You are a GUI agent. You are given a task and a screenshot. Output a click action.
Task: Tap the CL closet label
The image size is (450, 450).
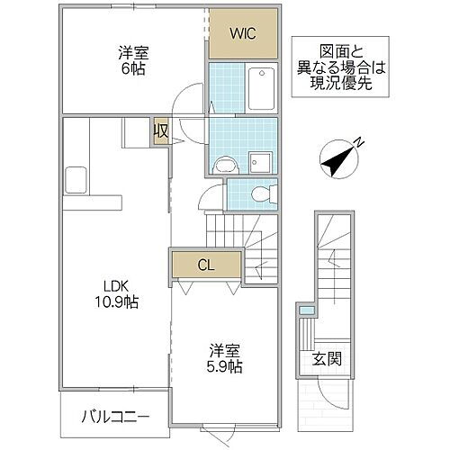point(206,265)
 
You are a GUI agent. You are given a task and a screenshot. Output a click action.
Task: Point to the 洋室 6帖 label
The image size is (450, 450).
point(133,61)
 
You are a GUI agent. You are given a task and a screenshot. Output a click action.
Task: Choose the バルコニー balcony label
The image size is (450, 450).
point(113,416)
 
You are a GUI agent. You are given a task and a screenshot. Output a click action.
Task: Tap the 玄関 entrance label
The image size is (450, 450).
point(327,359)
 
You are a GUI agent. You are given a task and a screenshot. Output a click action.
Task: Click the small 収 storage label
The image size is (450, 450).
point(161,131)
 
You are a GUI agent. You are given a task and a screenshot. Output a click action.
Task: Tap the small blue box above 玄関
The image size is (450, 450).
point(306,310)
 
